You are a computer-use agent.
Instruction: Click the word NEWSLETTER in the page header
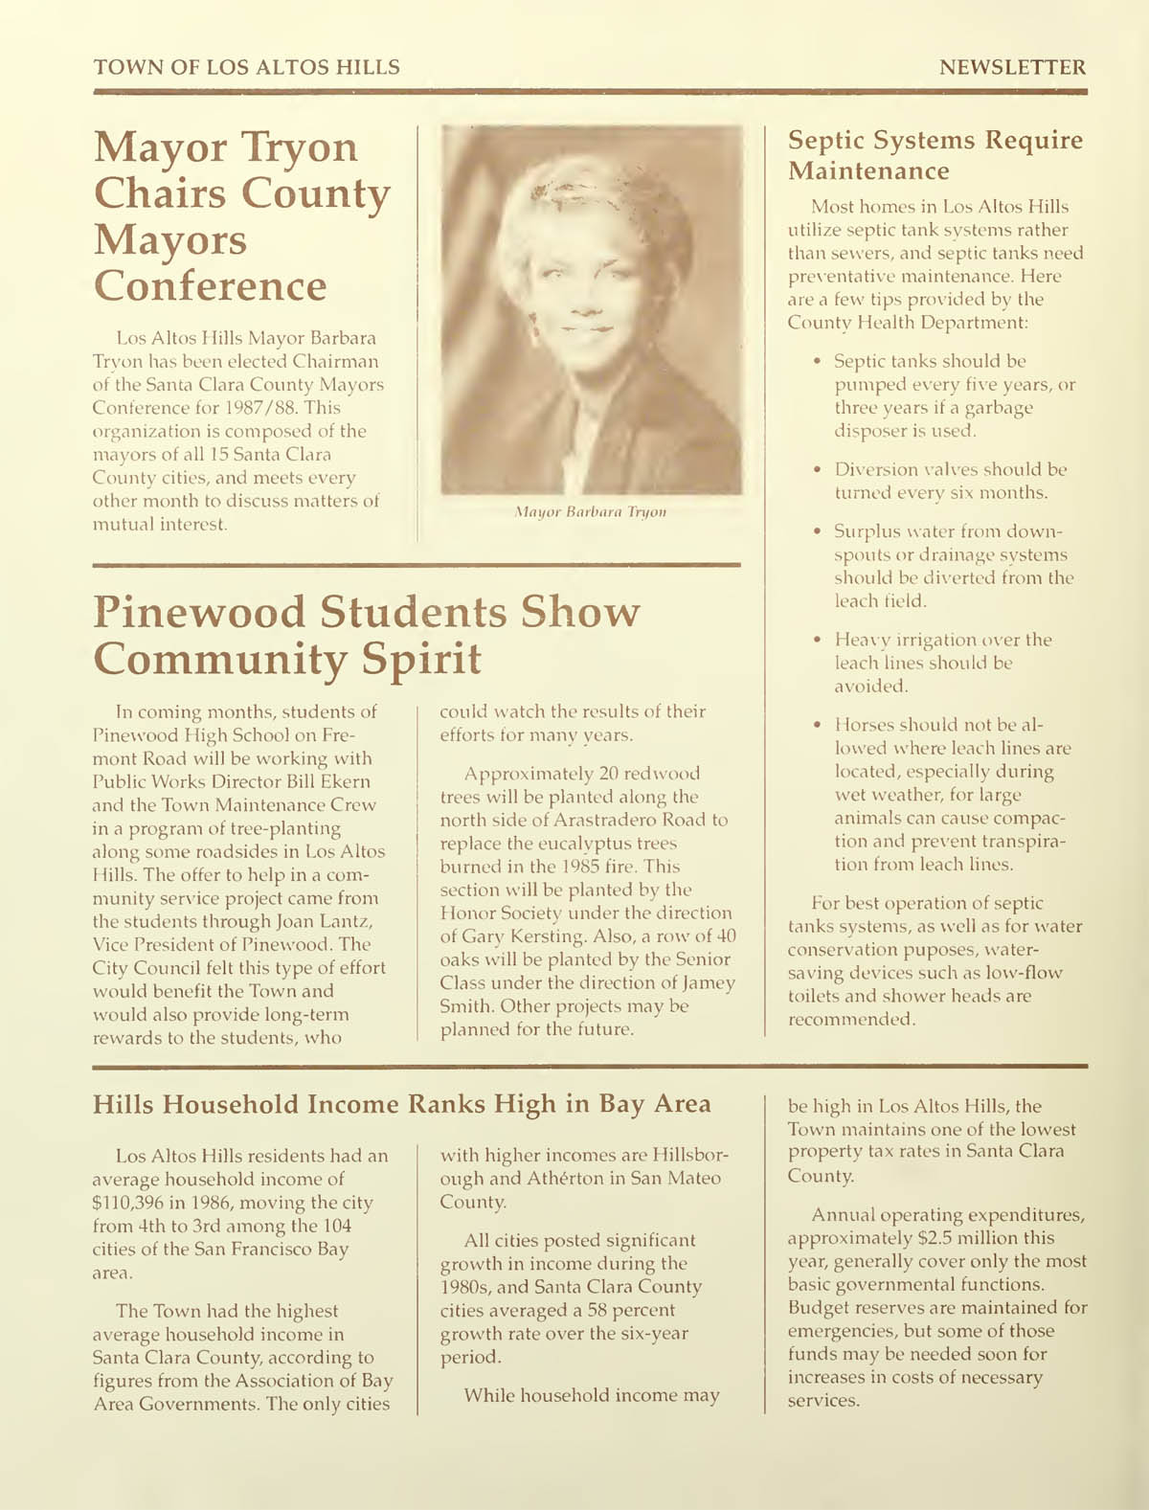click(1012, 67)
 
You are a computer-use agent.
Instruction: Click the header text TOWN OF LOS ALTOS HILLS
click(246, 67)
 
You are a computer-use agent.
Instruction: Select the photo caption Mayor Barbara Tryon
click(590, 512)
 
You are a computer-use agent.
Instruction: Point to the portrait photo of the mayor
click(591, 310)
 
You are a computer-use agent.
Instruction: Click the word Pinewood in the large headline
click(207, 612)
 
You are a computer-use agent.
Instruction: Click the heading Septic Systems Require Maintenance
click(935, 155)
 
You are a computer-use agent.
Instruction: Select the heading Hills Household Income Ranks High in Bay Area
click(401, 1104)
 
